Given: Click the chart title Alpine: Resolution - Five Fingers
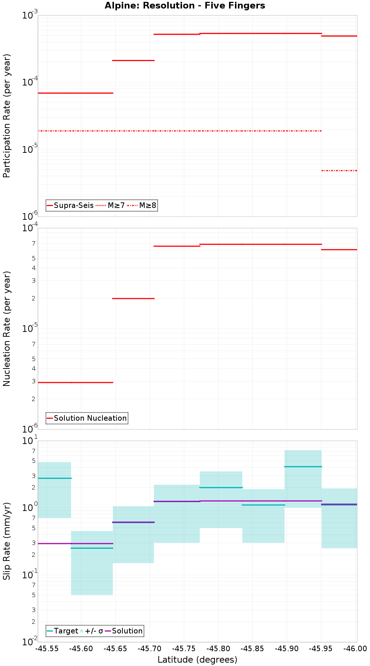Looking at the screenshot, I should [185, 6].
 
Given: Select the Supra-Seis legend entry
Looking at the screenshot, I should [70, 205].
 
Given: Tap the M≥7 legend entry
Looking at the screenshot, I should [111, 205].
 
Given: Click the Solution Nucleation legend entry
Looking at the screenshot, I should [87, 418].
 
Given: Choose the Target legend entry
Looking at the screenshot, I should [63, 631].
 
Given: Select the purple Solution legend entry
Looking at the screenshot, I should [124, 631].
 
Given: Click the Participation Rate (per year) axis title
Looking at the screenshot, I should [7, 116].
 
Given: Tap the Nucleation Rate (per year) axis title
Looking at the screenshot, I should [7, 329].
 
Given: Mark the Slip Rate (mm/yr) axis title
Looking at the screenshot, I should [7, 541].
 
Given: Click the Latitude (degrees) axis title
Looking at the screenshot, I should [197, 660].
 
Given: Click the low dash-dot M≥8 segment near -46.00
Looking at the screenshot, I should [339, 171].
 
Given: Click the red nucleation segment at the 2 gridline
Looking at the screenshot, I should [133, 298].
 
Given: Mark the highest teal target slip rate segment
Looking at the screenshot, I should [303, 467].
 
